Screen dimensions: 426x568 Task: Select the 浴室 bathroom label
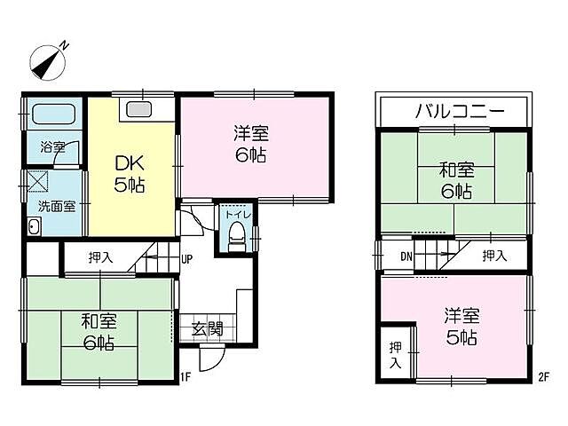(52, 147)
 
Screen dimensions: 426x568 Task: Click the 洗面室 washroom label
(56, 204)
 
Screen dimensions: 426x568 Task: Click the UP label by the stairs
(187, 260)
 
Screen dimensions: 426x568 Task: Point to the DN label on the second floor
(405, 256)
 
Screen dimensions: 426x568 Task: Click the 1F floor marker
(185, 376)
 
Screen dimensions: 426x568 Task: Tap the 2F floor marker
(542, 376)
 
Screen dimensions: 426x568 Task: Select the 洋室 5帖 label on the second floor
(461, 327)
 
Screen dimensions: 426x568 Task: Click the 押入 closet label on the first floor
(100, 258)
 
